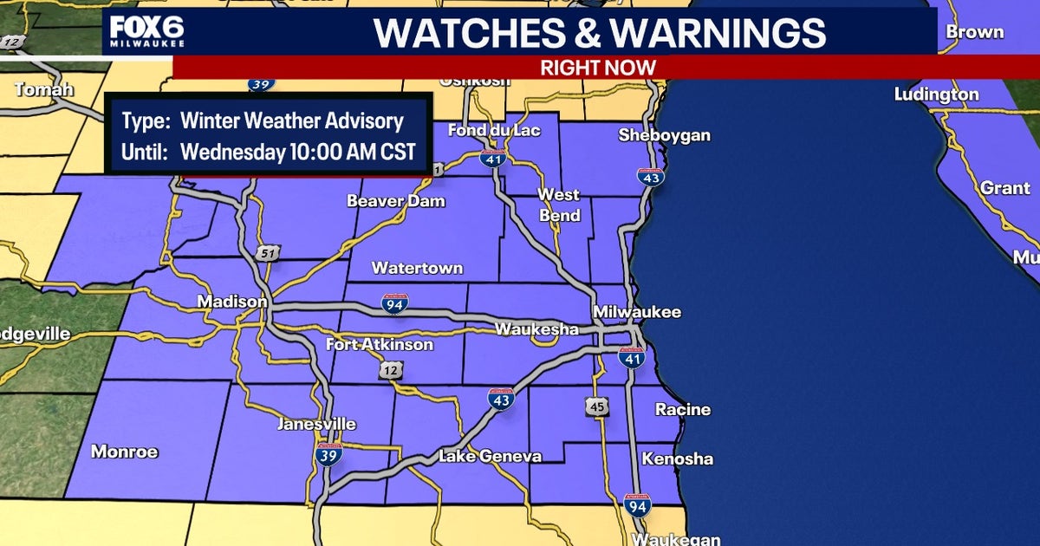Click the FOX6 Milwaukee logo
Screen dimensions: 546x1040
pyautogui.click(x=146, y=33)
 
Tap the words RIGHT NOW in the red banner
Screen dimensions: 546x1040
pyautogui.click(x=598, y=67)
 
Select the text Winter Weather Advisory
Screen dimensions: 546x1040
pyautogui.click(x=292, y=121)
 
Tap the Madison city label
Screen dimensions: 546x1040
pyautogui.click(x=232, y=302)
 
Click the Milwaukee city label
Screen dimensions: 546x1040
pyautogui.click(x=637, y=312)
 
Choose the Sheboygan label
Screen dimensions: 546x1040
pyautogui.click(x=664, y=135)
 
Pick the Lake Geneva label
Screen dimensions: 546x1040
pyautogui.click(x=490, y=456)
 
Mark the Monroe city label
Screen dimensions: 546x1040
pyautogui.click(x=125, y=452)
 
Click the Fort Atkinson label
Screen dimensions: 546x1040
pyautogui.click(x=380, y=345)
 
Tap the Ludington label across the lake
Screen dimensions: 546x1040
pyautogui.click(x=936, y=94)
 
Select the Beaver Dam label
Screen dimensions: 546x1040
pyautogui.click(x=395, y=201)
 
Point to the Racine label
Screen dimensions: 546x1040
pyautogui.click(x=683, y=409)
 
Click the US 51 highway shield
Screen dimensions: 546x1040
pyautogui.click(x=268, y=252)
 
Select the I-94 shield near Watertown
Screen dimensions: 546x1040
pyautogui.click(x=393, y=303)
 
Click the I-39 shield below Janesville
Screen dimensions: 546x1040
pyautogui.click(x=328, y=453)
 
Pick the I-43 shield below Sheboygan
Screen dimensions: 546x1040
pyautogui.click(x=651, y=178)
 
